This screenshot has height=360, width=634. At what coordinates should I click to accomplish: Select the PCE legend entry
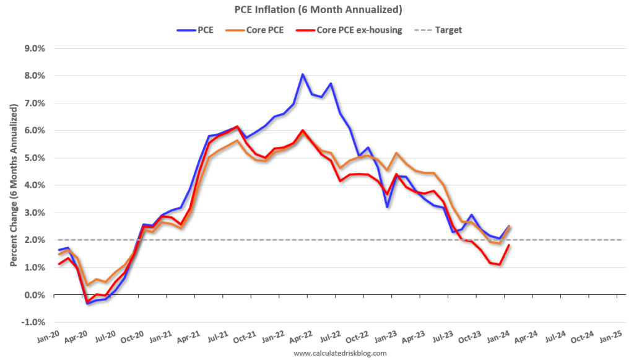[x=195, y=30]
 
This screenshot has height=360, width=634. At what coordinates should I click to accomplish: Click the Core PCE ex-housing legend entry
[x=349, y=30]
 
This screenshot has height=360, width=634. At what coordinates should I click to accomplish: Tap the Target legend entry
[x=438, y=30]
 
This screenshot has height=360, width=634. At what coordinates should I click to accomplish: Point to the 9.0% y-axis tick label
[x=35, y=48]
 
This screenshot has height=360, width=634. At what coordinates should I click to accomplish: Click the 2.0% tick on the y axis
[x=35, y=240]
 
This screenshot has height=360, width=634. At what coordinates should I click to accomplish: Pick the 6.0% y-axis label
[x=35, y=131]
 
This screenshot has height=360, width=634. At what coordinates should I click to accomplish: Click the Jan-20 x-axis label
[x=48, y=336]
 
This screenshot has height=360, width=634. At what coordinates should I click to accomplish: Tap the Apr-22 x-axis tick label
[x=302, y=336]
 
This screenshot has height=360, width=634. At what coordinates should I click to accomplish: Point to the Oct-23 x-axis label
[x=471, y=336]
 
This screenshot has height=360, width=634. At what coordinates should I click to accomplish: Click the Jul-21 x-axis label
[x=217, y=336]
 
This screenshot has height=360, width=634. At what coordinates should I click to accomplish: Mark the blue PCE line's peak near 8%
[x=302, y=74]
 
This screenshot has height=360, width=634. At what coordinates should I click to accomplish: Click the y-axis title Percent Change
[x=14, y=185]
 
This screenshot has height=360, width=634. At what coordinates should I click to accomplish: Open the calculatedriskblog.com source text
[x=340, y=353]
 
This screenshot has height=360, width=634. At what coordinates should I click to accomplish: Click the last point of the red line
[x=509, y=245]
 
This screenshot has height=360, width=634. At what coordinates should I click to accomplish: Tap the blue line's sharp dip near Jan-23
[x=388, y=207]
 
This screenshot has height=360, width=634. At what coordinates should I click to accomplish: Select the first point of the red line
[x=59, y=264]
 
